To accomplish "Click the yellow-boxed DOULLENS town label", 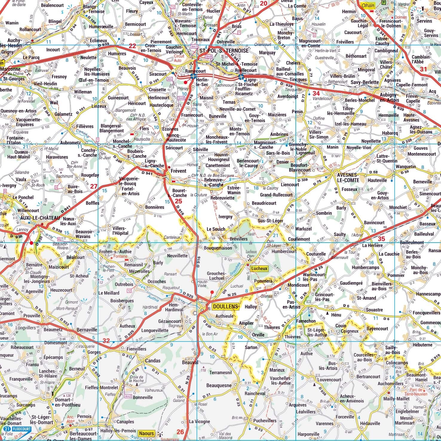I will tap(226, 307).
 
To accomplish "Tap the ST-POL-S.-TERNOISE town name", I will tap(224, 51).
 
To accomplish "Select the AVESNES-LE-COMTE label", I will tap(347, 178).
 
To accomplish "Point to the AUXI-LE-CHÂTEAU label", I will tap(40, 218).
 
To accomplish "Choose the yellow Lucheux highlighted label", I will tap(259, 268).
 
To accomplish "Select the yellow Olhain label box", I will tap(367, 5).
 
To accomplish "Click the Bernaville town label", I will tap(87, 330).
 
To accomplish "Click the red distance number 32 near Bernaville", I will tap(106, 341).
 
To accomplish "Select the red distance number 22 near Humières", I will tap(132, 46).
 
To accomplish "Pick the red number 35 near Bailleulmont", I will tap(381, 239).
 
